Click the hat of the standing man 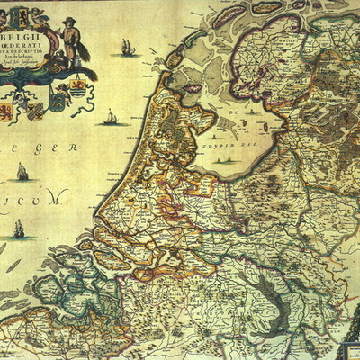tap(69, 21)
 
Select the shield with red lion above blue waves tap(76, 93)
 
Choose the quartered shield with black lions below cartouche tap(36, 111)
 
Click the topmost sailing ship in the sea tap(128, 48)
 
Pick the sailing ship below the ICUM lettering tap(18, 229)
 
